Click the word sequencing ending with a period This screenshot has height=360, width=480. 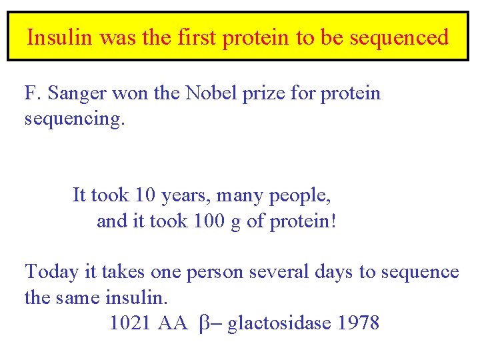74,119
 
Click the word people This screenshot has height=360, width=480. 300,195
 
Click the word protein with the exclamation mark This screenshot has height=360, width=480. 303,221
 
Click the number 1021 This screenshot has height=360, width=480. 131,323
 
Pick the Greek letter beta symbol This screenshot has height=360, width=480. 204,324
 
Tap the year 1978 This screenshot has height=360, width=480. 359,323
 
